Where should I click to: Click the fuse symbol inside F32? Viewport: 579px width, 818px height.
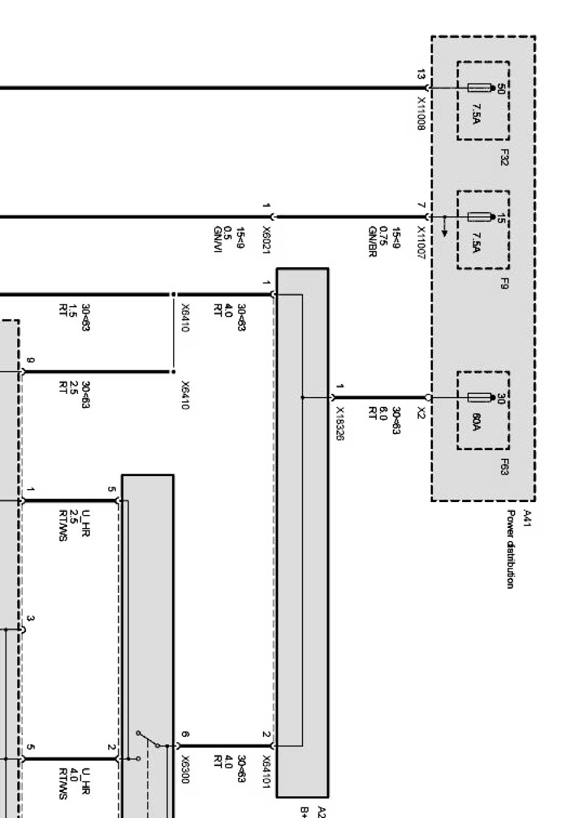tap(480, 88)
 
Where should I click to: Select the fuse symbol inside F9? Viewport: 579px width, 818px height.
tap(480, 217)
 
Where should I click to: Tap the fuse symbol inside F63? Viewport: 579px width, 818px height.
tap(480, 398)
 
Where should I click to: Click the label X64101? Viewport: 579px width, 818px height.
tap(266, 772)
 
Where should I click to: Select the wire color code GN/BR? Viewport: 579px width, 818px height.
tap(372, 242)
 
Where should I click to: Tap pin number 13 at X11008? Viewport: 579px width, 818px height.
tap(421, 75)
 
